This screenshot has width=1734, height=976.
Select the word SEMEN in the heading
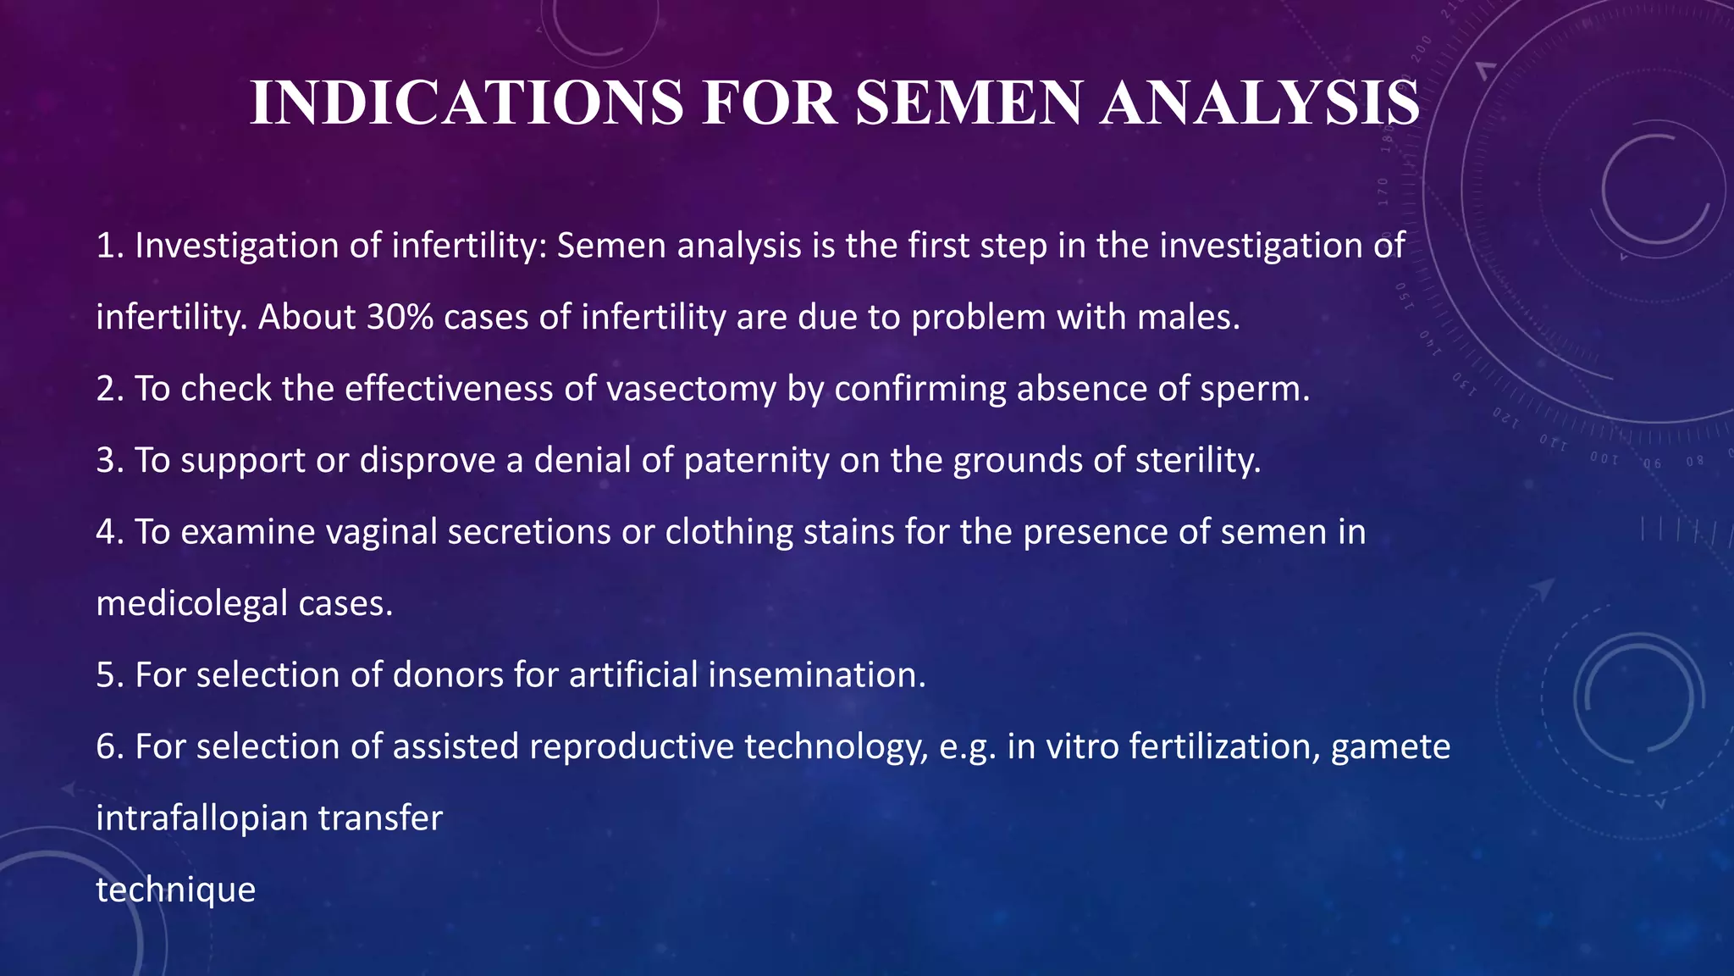(969, 103)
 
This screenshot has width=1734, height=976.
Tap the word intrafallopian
(202, 818)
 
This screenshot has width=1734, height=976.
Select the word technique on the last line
(175, 890)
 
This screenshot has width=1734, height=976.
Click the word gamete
(1390, 746)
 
